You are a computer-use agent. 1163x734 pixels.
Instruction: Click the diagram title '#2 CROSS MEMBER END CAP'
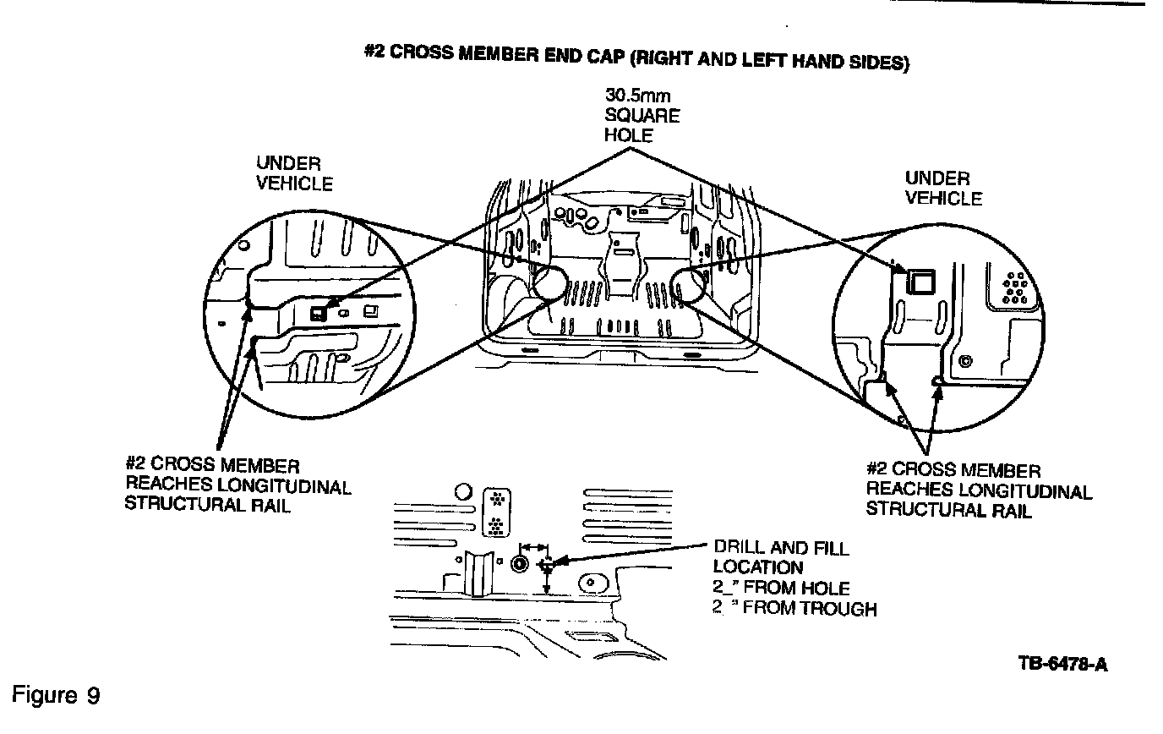coord(497,53)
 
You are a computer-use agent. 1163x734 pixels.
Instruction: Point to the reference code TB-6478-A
coord(1063,663)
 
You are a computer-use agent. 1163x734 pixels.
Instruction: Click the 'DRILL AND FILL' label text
coord(781,548)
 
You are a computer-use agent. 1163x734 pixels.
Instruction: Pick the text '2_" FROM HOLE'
coord(781,588)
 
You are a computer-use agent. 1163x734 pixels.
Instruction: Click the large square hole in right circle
coord(919,281)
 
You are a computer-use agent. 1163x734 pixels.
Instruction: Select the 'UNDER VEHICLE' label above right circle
coord(942,188)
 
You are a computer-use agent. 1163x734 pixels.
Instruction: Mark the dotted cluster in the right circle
coord(1014,288)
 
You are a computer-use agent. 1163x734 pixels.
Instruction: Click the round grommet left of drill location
coord(520,565)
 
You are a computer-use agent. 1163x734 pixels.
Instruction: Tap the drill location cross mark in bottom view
coord(547,563)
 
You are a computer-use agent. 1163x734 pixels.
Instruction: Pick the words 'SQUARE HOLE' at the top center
coord(641,125)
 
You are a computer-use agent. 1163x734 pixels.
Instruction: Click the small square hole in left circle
coord(318,312)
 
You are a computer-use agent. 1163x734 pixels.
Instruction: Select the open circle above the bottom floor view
coord(462,491)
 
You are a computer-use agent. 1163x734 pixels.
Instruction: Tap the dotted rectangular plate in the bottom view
coord(496,512)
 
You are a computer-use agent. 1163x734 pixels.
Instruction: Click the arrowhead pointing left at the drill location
coord(558,561)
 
